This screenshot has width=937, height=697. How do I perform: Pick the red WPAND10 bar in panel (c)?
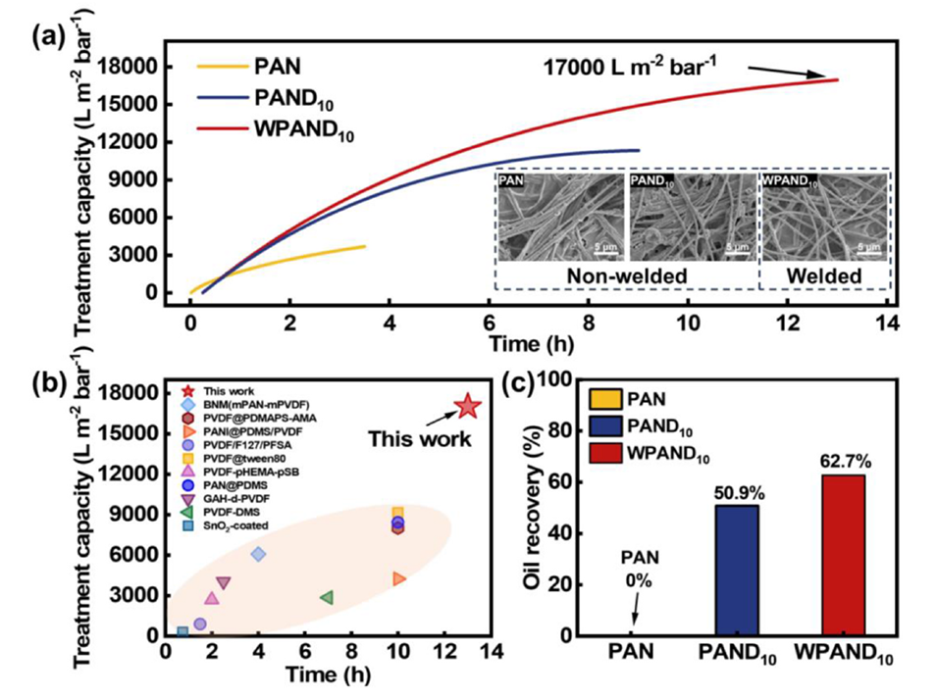tap(841, 555)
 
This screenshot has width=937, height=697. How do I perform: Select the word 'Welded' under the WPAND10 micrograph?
tap(825, 277)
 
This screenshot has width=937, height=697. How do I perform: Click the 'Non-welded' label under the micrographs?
tap(627, 277)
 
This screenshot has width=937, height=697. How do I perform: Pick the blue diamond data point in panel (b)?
tap(258, 554)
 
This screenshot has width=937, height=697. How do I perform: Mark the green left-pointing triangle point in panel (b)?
tap(327, 597)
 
